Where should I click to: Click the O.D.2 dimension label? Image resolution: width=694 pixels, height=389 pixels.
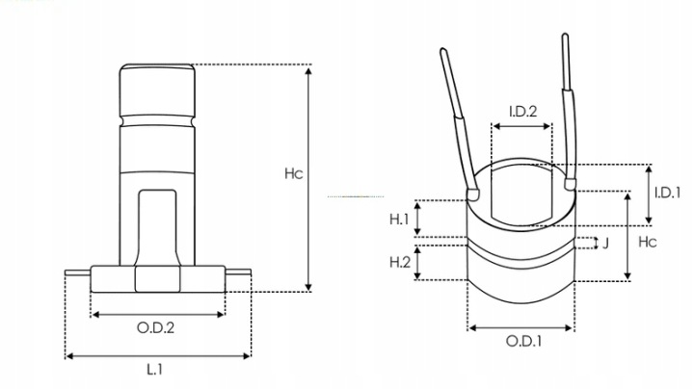click(x=156, y=328)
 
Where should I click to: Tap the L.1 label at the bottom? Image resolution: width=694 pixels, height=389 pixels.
click(x=155, y=369)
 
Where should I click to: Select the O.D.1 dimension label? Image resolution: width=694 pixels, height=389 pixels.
click(x=523, y=341)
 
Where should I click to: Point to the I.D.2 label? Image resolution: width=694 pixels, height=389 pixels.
click(x=522, y=112)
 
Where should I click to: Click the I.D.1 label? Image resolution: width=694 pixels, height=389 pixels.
click(x=667, y=193)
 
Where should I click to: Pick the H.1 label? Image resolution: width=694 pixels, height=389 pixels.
click(x=399, y=219)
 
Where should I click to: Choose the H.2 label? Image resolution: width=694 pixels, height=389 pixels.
click(x=400, y=262)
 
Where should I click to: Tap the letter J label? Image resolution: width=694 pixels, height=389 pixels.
click(x=606, y=243)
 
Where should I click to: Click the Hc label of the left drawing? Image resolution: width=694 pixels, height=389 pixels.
click(x=294, y=173)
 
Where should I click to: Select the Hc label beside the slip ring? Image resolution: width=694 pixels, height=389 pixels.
click(x=648, y=242)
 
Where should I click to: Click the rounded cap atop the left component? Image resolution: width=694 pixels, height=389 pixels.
click(x=157, y=91)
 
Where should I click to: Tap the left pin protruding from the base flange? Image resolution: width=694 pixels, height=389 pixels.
click(x=78, y=272)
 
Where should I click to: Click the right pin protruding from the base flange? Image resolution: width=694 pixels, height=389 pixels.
click(x=238, y=272)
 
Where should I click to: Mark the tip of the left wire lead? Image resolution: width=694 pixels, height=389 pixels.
click(x=443, y=50)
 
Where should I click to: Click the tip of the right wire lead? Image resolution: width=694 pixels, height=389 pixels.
click(x=565, y=35)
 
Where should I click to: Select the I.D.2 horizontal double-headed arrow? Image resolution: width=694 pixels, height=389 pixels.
click(x=521, y=126)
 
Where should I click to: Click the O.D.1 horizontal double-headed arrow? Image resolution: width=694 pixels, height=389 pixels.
click(x=520, y=328)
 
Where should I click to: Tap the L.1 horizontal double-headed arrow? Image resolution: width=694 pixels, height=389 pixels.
click(x=158, y=356)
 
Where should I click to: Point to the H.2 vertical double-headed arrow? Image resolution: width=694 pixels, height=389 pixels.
click(x=417, y=262)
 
